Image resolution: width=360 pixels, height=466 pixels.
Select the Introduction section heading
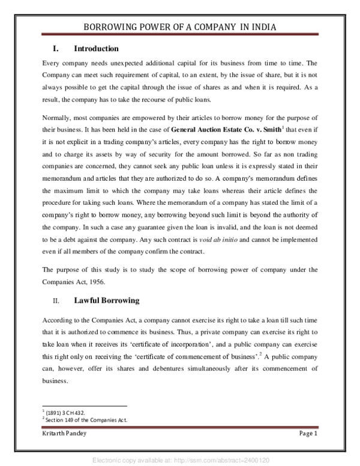coord(96,49)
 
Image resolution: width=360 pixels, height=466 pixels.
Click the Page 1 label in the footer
coord(308,434)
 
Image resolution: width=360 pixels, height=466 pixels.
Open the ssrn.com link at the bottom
coord(179,459)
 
